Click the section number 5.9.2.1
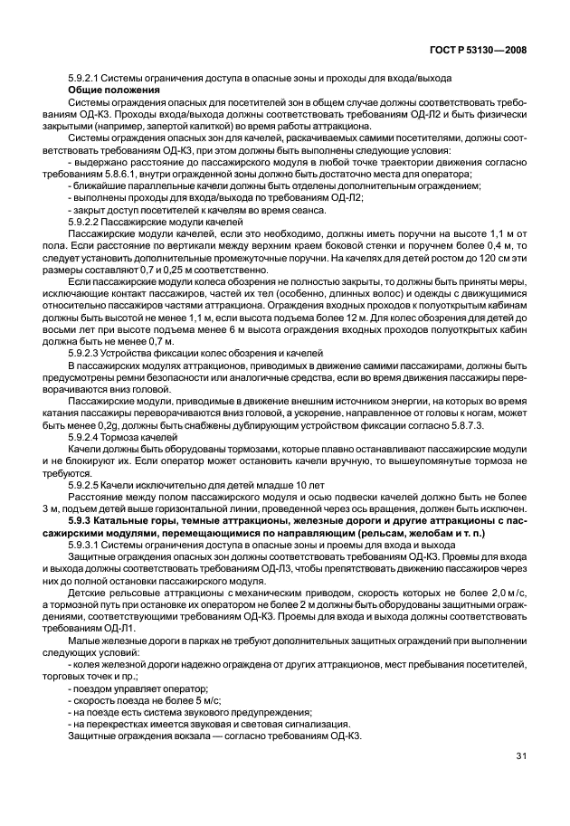pyautogui.click(x=86, y=80)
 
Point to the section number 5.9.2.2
pyautogui.click(x=86, y=221)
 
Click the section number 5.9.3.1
pyautogui.click(x=86, y=546)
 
